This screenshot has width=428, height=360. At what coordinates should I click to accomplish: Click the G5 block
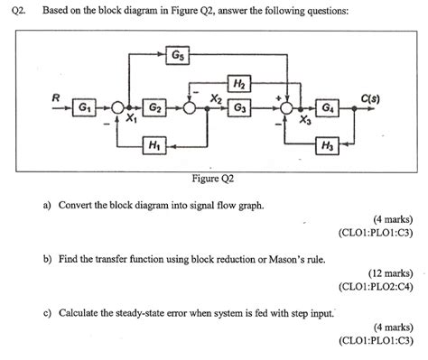(179, 55)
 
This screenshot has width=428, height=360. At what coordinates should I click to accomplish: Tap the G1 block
(85, 107)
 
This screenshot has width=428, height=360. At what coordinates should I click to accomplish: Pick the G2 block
(154, 107)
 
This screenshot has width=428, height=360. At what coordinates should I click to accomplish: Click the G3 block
(239, 107)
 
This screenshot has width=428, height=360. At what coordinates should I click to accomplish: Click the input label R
(55, 95)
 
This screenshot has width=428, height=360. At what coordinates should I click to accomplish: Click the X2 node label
(216, 97)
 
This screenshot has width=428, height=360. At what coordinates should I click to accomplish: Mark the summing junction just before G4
(288, 107)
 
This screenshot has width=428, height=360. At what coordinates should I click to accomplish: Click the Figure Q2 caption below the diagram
(213, 178)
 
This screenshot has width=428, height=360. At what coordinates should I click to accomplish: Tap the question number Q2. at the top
(20, 11)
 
